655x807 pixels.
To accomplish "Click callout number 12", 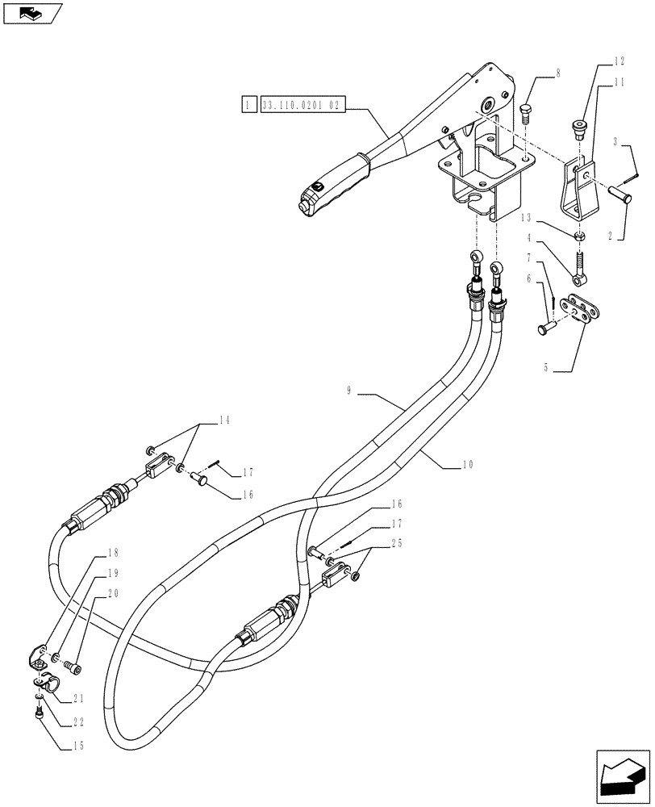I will coord(619,60).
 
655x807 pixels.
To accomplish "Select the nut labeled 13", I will coord(579,236).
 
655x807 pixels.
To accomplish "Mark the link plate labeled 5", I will coord(586,312).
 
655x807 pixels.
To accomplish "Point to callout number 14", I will coord(224,420).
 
